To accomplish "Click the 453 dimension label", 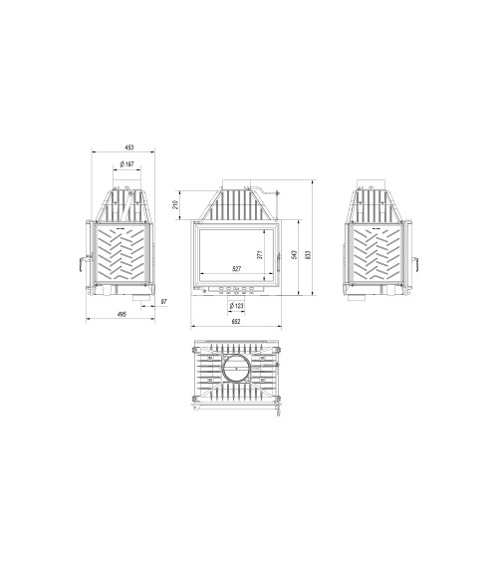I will pyautogui.click(x=129, y=146).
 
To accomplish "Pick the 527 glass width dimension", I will pyautogui.click(x=236, y=270).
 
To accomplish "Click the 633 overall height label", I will pyautogui.click(x=310, y=255).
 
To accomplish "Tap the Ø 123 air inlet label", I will pyautogui.click(x=237, y=304).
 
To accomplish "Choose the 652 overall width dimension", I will pyautogui.click(x=236, y=321).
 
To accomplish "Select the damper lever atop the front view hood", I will pyautogui.click(x=258, y=186).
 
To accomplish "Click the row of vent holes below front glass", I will pyautogui.click(x=235, y=292).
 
